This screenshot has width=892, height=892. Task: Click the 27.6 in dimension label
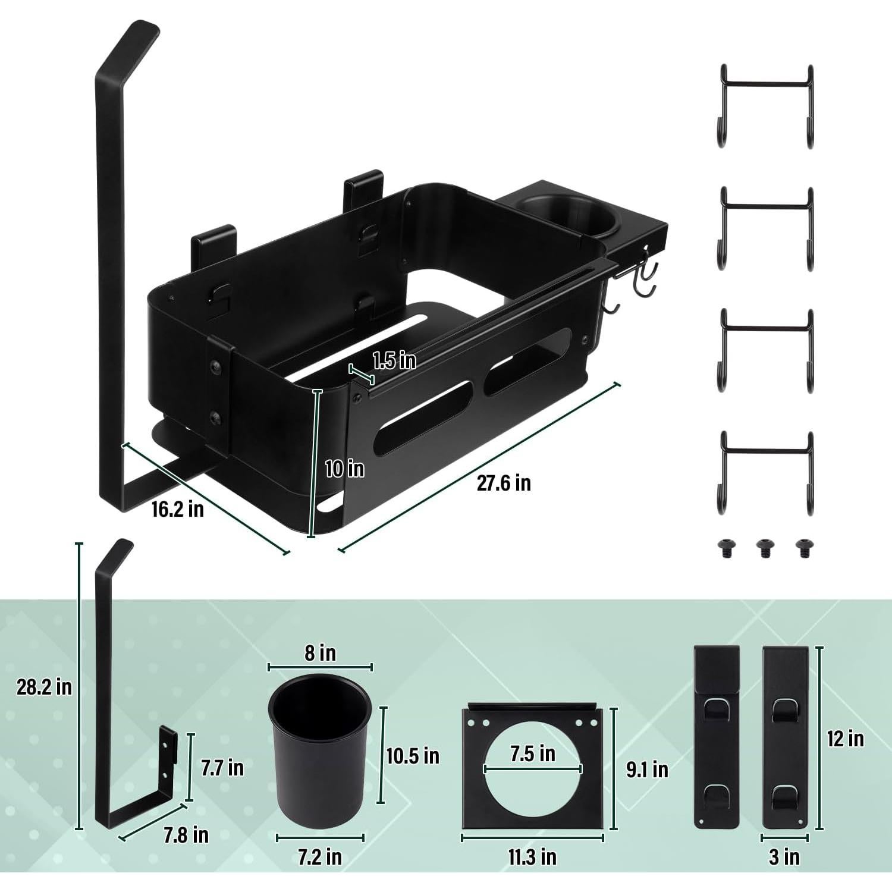(503, 483)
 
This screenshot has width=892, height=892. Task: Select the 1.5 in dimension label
(394, 360)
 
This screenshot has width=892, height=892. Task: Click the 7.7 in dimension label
(222, 767)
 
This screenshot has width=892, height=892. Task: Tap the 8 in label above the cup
(320, 653)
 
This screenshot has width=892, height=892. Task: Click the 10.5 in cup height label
(413, 756)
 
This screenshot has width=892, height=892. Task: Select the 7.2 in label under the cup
(320, 857)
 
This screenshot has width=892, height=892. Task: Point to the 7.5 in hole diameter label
(532, 753)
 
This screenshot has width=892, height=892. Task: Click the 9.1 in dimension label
(647, 769)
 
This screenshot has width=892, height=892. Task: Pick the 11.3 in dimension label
(532, 857)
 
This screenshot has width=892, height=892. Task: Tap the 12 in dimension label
(845, 739)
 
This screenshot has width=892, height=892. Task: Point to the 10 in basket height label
(344, 469)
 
